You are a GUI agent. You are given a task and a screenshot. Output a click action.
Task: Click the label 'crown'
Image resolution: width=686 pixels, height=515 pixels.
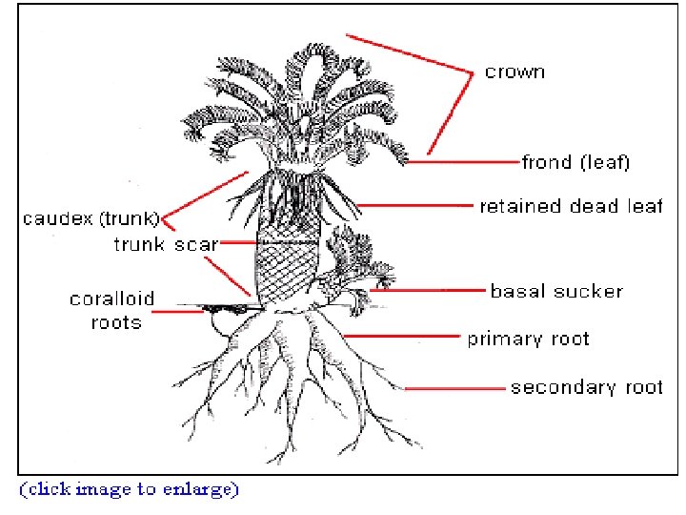click(x=514, y=72)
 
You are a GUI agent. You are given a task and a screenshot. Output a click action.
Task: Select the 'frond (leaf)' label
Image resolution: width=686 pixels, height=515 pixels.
click(x=575, y=162)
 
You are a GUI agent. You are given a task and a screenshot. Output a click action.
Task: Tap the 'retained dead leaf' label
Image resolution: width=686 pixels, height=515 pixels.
click(x=570, y=206)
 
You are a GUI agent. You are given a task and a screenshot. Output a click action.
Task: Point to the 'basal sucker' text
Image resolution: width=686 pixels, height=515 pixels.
click(x=555, y=291)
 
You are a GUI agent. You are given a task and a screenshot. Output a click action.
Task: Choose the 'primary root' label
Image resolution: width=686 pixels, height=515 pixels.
click(x=527, y=339)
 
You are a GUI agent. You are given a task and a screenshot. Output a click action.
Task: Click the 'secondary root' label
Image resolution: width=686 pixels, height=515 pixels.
click(x=586, y=387)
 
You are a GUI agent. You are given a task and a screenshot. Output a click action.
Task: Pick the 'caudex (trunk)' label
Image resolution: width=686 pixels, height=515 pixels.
click(x=91, y=219)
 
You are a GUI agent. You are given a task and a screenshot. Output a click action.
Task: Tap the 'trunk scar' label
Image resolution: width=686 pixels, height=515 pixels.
click(x=165, y=244)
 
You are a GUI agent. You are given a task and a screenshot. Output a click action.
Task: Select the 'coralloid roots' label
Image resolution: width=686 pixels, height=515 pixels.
click(x=111, y=311)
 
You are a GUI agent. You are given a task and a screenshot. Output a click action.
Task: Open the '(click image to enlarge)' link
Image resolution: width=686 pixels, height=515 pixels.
click(x=130, y=489)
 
